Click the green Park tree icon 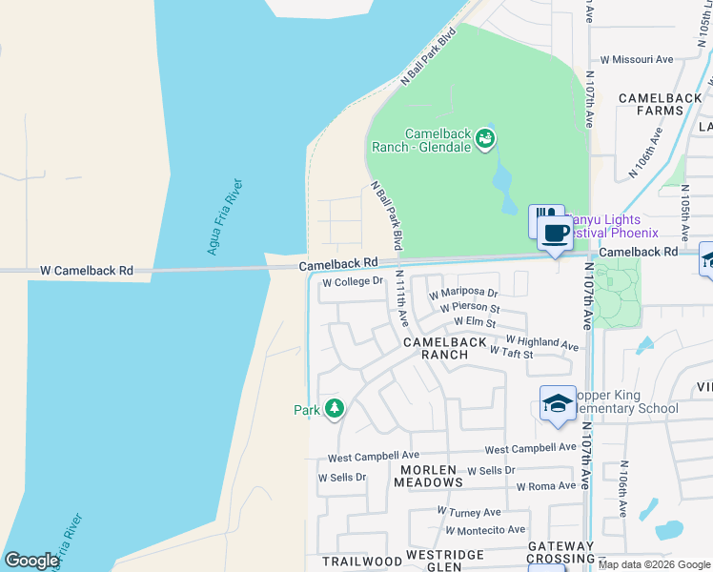334,409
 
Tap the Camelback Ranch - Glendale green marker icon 485,139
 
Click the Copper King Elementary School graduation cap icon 557,402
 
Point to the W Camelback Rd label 86,271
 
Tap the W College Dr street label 352,282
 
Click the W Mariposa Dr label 463,294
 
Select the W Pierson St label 470,308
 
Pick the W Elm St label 475,323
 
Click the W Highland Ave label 541,342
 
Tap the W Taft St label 511,353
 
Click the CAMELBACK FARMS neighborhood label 664,104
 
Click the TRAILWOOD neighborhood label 356,562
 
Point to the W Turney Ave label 469,512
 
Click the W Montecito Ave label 481,529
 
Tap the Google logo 31,561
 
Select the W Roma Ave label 547,485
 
